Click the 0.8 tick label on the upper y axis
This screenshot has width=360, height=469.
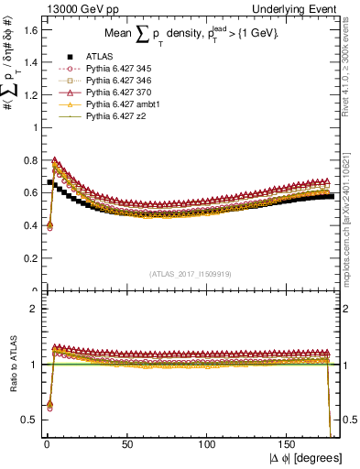tap(30, 160)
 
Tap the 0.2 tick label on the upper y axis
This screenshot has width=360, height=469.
tap(30, 258)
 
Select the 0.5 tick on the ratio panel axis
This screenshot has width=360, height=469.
tap(30, 420)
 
